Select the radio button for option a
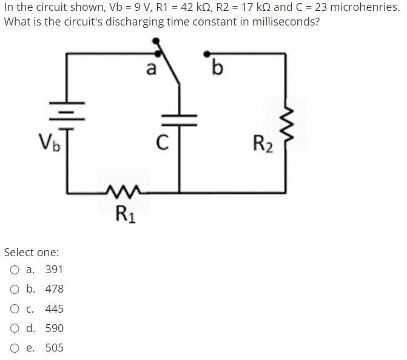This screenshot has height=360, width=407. [15, 270]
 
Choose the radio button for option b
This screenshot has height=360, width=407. [15, 289]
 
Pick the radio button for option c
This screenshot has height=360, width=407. [15, 309]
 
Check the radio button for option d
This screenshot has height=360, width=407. [15, 328]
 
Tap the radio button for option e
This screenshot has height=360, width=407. [15, 348]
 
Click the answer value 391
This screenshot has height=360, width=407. [54, 270]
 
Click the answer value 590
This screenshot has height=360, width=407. [54, 328]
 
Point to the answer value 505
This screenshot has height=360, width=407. [54, 348]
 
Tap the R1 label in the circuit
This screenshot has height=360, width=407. [126, 214]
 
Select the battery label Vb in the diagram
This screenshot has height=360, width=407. [49, 144]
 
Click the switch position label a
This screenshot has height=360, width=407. [152, 68]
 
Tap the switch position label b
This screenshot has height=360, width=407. [217, 68]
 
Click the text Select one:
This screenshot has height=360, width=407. [32, 252]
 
